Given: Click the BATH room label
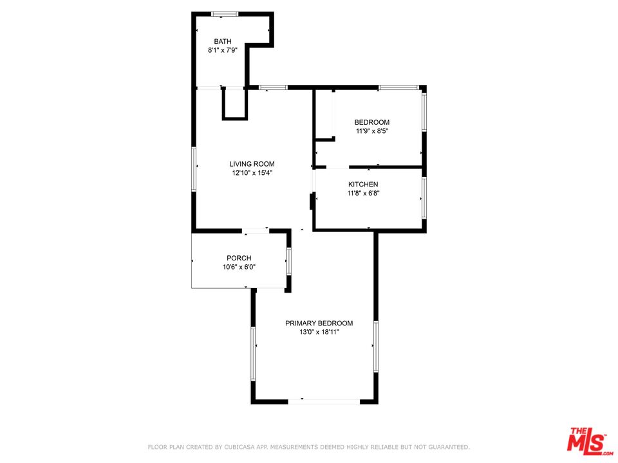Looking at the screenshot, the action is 223,41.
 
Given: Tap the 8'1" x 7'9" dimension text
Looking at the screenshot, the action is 223,50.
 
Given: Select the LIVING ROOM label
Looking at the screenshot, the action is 252,164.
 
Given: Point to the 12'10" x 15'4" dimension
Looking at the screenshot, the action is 252,172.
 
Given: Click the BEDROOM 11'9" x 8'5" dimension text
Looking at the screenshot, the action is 372,131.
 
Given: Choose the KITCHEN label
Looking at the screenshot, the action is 363,185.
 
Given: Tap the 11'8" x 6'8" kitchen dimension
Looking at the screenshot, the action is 363,193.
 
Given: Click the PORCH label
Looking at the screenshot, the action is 239,258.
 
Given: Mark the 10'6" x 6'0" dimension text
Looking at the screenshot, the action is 239,267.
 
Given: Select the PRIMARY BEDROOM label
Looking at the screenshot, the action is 319,323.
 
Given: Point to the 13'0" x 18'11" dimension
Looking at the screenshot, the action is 319,332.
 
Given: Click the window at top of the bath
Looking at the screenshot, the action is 225,14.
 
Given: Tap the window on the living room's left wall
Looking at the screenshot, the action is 194,169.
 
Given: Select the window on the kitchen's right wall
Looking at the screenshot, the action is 424,198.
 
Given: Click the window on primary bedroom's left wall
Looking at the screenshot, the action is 253,354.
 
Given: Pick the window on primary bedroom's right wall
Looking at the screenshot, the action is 376,347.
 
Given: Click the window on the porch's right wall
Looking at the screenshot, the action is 288,261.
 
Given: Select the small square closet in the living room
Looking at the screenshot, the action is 235,104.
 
